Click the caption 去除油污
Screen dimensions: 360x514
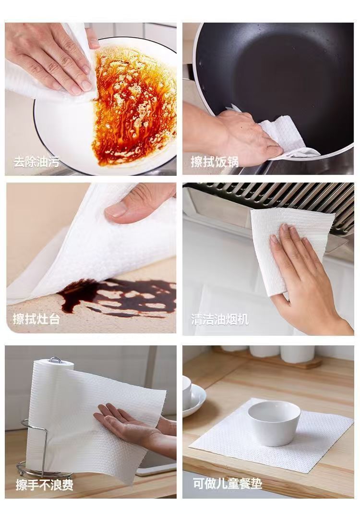[x=36, y=162]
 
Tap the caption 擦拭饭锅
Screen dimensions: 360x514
[x=215, y=162]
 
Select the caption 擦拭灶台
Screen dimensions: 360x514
[x=36, y=318]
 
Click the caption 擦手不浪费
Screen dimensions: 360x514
[x=45, y=485]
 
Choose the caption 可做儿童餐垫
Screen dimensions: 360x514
[x=228, y=484]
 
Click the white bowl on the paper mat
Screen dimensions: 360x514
[x=274, y=423]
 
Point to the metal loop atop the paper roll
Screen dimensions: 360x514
[x=55, y=360]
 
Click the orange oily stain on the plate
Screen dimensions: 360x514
[x=134, y=105]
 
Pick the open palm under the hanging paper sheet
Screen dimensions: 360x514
[x=131, y=425]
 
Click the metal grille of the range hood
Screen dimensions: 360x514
[x=272, y=194]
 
